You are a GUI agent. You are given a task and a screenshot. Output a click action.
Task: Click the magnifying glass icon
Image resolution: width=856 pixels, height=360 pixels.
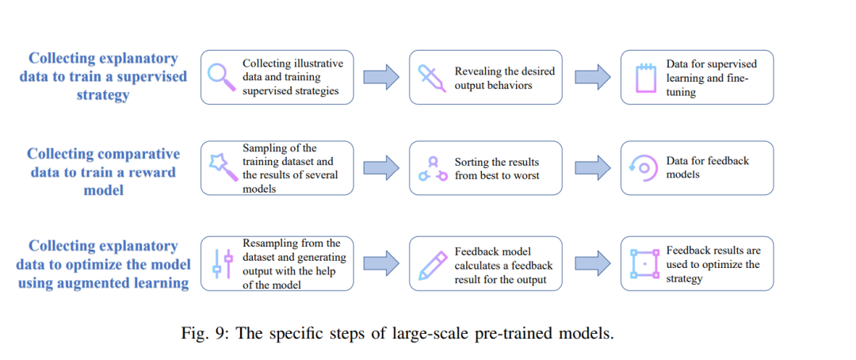[220, 77]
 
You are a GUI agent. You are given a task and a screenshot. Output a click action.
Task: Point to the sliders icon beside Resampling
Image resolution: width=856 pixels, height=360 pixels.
[223, 263]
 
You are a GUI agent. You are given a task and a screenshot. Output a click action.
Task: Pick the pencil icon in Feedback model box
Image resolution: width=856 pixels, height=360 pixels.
[430, 263]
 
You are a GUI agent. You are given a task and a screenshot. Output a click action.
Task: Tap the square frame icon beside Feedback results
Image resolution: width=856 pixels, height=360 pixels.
[644, 263]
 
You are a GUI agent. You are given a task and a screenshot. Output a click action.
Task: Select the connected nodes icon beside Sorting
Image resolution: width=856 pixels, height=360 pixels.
[430, 168]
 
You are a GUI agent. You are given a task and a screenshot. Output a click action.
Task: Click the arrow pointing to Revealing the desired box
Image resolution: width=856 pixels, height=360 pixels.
[381, 77]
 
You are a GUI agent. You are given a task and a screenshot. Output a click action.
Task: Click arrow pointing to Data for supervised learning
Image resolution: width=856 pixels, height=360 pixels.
[592, 77]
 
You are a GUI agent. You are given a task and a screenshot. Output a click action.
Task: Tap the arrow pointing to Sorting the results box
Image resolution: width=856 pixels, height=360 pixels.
[381, 167]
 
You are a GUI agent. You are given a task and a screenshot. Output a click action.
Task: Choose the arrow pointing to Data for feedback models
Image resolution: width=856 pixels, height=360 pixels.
[592, 167]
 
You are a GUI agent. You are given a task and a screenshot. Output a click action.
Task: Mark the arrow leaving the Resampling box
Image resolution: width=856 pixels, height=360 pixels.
[381, 262]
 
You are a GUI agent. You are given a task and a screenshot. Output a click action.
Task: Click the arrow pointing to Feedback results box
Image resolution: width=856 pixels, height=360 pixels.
[592, 262]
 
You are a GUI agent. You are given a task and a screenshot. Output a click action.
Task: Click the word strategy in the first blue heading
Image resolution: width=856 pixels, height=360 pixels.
[103, 94]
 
